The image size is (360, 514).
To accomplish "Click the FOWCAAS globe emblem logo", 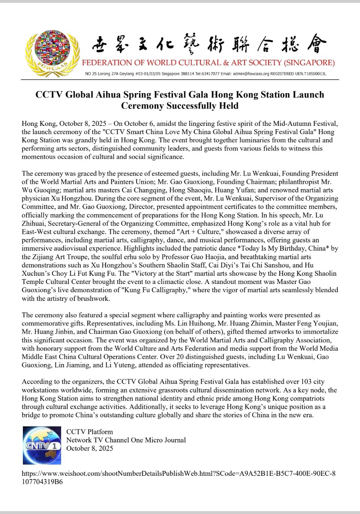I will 52,53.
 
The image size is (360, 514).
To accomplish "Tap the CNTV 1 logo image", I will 42,445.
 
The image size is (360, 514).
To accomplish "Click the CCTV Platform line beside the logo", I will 89,432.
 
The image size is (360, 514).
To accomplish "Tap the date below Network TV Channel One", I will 89,448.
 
